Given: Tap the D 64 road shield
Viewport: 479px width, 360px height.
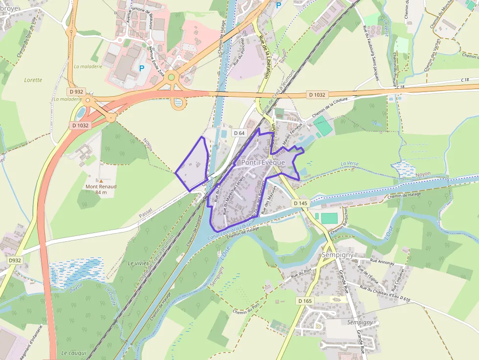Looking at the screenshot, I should (239, 133).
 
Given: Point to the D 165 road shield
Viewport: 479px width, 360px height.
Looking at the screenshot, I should (305, 301).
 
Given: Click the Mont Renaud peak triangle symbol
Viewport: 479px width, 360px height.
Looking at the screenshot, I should (101, 181).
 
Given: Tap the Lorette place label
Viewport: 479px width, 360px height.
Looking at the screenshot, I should (33, 80).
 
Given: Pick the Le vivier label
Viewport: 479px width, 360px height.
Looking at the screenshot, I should (137, 263).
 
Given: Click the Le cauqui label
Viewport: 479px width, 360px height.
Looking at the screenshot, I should (74, 353).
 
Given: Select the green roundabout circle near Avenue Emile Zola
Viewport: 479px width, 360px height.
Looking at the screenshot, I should (171, 77).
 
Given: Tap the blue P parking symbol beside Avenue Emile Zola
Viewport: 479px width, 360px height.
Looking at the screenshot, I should (142, 68).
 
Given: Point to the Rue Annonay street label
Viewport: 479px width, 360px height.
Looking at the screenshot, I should (382, 262).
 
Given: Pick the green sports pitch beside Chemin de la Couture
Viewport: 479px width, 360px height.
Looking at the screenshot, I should (322, 126).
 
